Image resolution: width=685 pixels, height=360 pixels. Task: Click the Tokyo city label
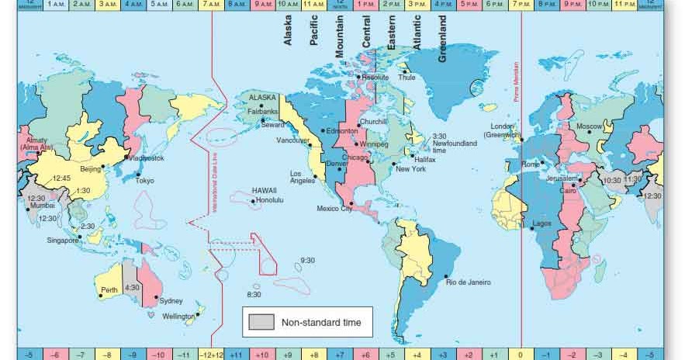(145, 181)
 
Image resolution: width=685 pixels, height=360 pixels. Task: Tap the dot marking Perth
(101, 296)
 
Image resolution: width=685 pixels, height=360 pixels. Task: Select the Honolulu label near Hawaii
(269, 201)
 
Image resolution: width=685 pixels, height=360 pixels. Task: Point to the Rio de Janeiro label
(469, 282)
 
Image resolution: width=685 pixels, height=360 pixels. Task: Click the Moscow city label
(589, 126)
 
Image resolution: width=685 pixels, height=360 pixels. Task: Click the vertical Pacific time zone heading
(314, 31)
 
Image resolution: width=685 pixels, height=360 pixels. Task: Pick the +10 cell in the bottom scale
(261, 355)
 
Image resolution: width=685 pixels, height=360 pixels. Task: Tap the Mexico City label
(335, 209)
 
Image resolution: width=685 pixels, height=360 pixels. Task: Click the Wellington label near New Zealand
(178, 317)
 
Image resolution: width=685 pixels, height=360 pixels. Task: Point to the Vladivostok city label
(147, 158)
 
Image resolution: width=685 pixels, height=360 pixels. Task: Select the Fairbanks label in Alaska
(262, 112)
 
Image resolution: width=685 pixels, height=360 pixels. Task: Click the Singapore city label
(62, 241)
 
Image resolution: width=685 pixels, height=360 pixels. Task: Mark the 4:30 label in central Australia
(133, 287)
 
